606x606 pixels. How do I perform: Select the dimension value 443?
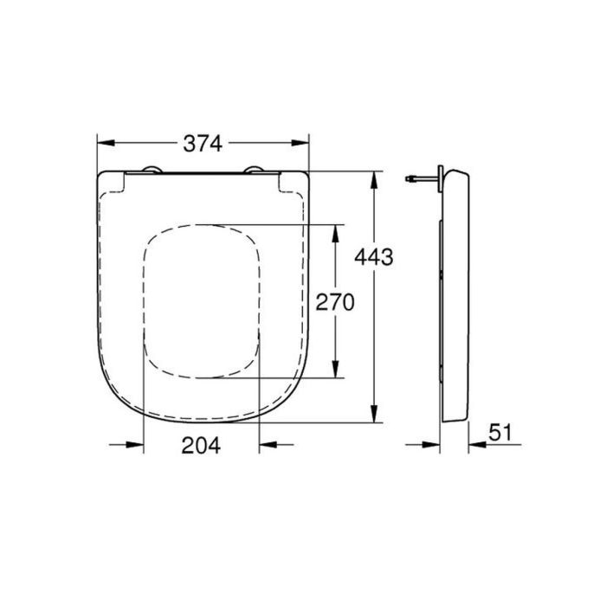point(375,256)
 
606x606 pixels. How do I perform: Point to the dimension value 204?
point(201,446)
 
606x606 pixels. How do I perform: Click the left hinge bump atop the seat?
point(151,170)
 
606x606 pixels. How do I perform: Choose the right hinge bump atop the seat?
point(254,170)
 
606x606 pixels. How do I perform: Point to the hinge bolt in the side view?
point(420,179)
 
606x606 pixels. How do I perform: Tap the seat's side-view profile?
point(455,294)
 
